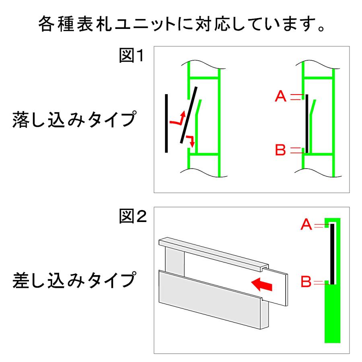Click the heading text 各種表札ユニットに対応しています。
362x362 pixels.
pyautogui.click(x=181, y=25)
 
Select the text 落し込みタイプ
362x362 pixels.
pyautogui.click(x=72, y=119)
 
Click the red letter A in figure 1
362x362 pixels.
pyautogui.click(x=280, y=96)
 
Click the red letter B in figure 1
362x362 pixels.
pyautogui.click(x=280, y=151)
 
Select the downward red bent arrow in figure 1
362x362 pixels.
pyautogui.click(x=191, y=140)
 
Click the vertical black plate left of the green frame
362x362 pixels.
pyautogui.click(x=166, y=123)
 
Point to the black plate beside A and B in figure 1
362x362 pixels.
pyautogui.click(x=306, y=123)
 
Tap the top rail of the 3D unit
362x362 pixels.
pyautogui.click(x=213, y=253)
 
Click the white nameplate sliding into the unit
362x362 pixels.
pyautogui.click(x=278, y=288)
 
